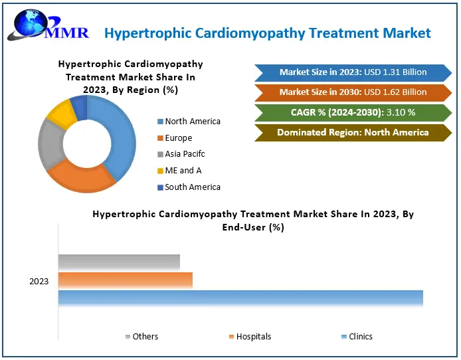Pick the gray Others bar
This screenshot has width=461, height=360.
119,262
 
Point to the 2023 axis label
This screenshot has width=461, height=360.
39,282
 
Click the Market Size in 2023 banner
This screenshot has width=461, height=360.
353,72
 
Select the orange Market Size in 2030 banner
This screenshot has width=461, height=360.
353,92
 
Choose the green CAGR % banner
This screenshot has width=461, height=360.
353,112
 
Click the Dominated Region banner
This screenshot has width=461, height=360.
353,133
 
